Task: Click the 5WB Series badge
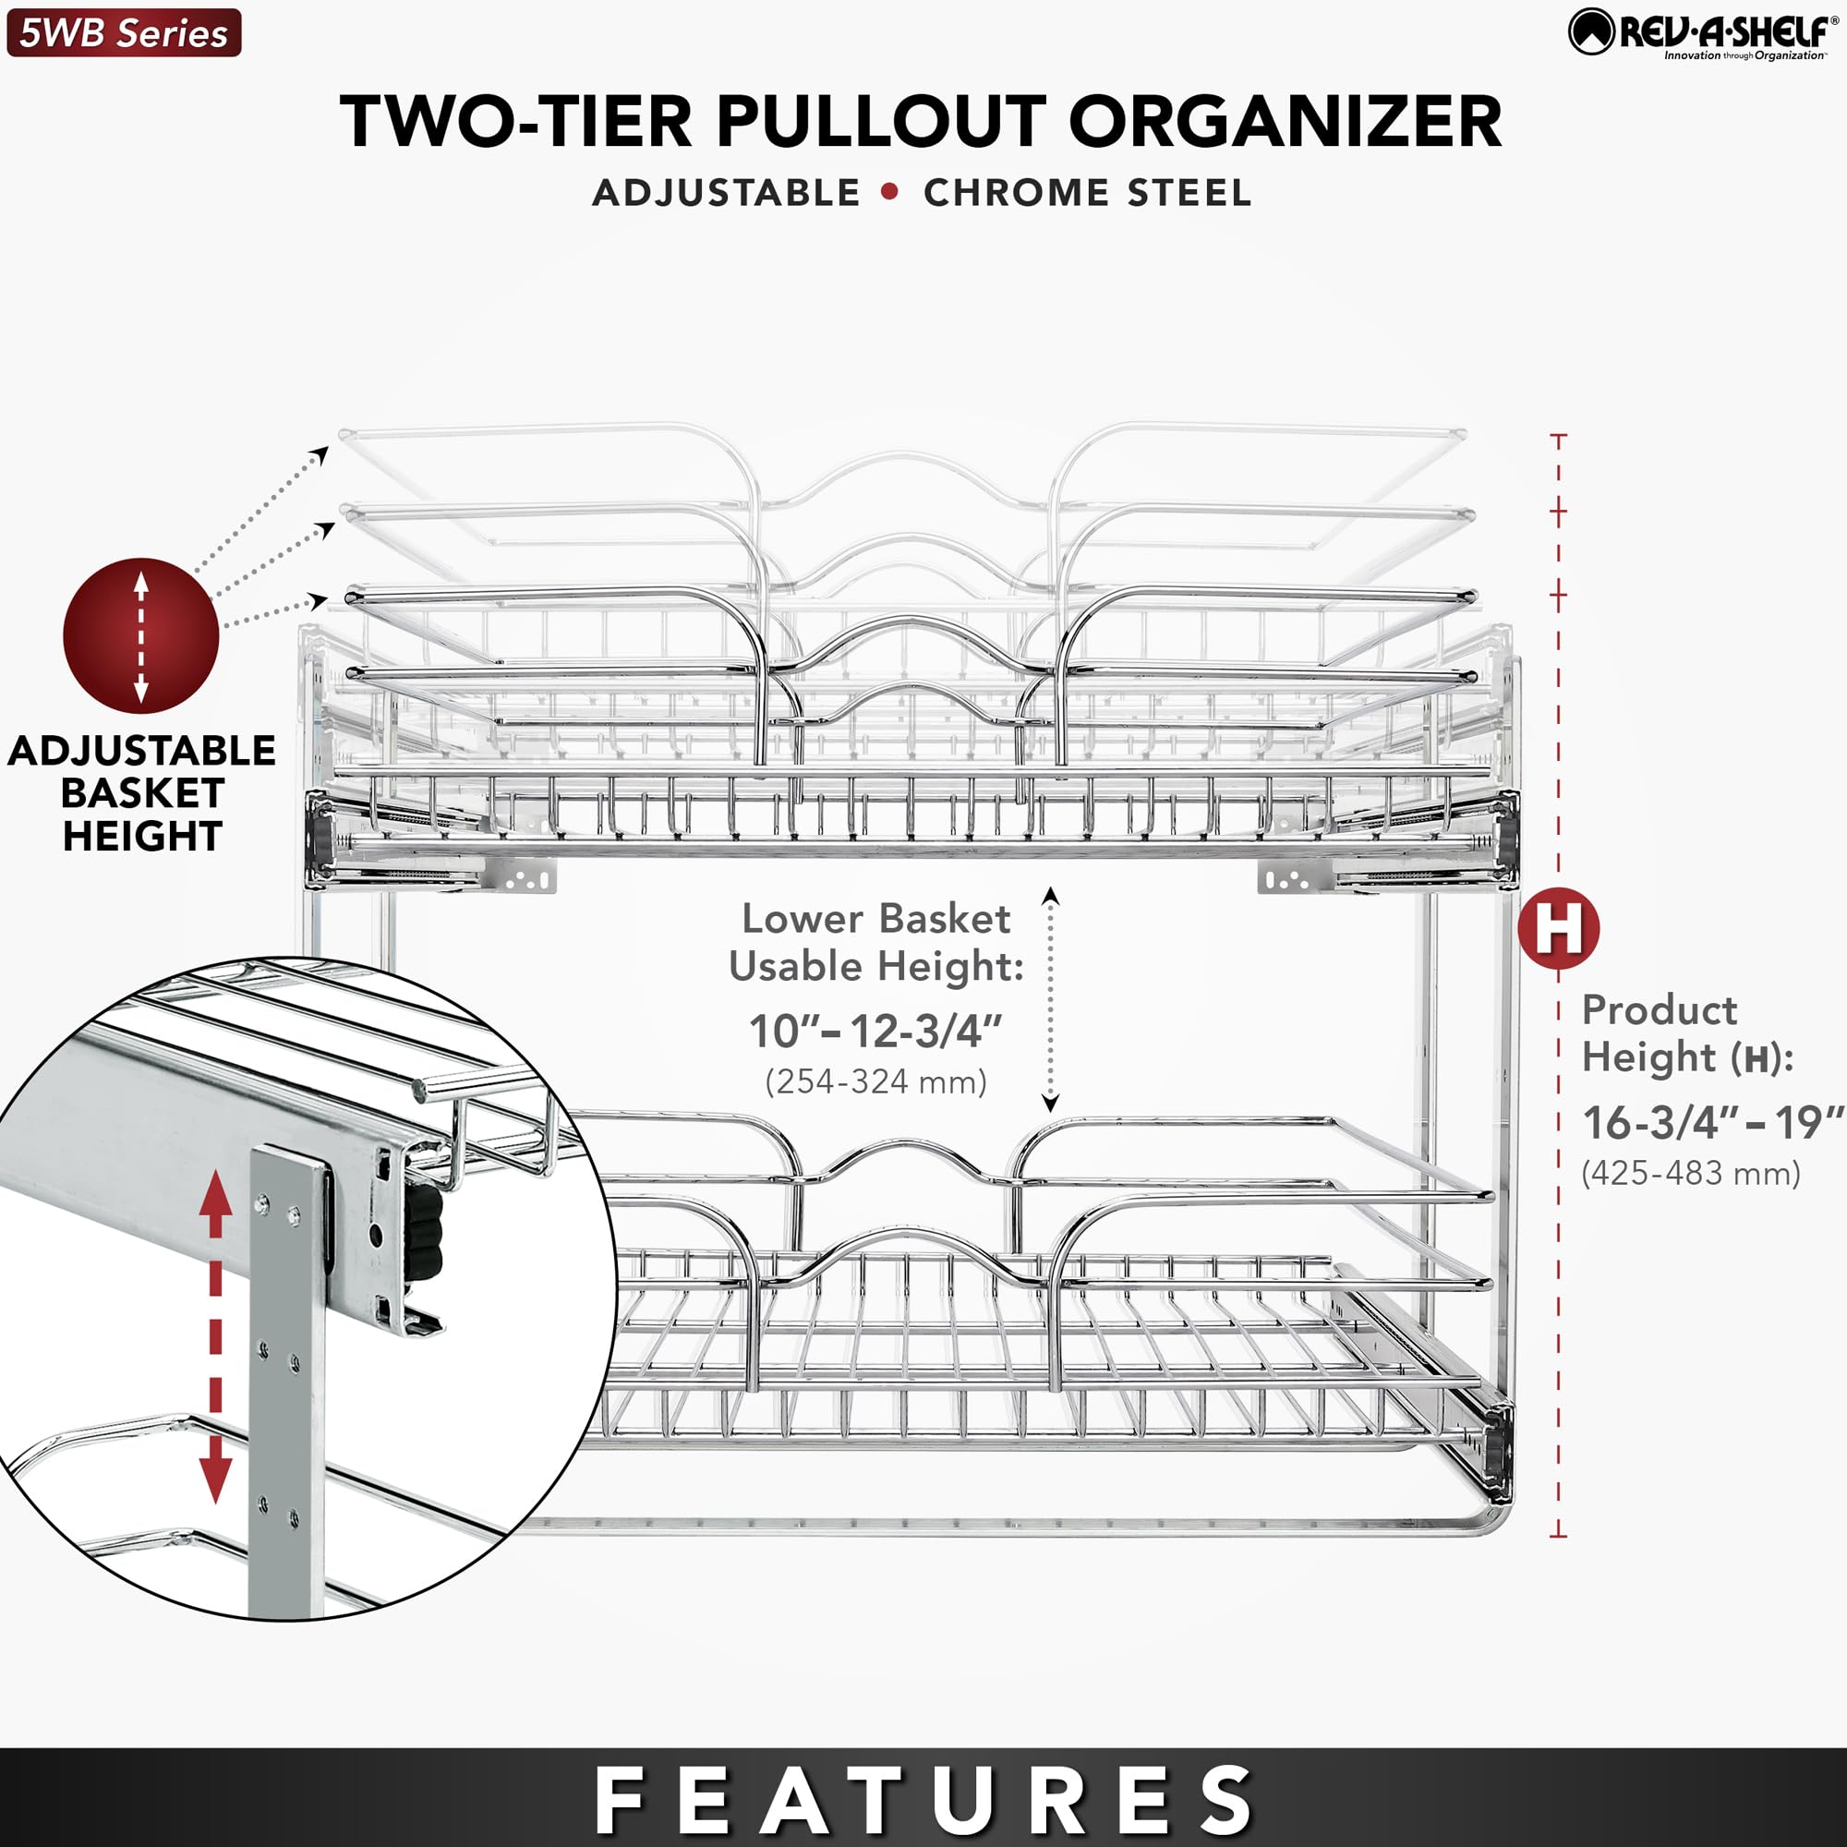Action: pos(124,33)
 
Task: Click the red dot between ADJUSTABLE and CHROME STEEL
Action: pos(890,191)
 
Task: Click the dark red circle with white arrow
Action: pos(140,635)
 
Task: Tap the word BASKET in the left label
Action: pos(141,792)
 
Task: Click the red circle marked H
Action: pos(1559,927)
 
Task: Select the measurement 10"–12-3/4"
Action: pos(875,1032)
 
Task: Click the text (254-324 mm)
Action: pos(875,1082)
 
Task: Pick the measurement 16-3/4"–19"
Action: pos(1712,1122)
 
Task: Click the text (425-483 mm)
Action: pos(1690,1173)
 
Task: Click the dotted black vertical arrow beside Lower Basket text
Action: pos(1050,999)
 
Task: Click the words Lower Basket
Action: pos(875,919)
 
